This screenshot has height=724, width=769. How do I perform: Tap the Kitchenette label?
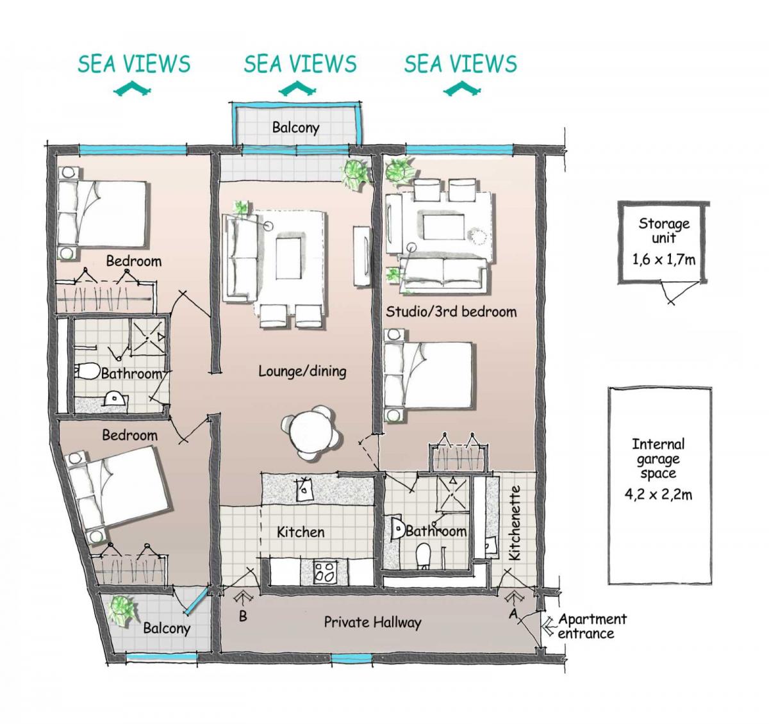coord(515,523)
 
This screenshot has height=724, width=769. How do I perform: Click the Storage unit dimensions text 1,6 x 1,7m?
coord(664,259)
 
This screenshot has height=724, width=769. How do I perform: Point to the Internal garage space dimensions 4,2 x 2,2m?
coord(658,495)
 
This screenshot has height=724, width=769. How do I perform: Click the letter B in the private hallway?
coord(243,616)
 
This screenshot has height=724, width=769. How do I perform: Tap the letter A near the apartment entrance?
coord(513,614)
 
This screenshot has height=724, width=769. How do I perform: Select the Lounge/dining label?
coord(302,372)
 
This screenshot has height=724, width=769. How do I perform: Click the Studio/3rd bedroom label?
coord(451,311)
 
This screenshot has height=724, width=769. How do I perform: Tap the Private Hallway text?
coord(372,623)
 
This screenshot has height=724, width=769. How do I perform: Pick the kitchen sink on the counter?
coord(304,490)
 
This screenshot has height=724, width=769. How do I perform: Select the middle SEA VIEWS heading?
coord(300,64)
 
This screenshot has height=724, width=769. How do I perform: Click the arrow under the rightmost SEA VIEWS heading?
coord(461,89)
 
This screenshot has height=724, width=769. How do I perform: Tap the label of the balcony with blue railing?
coord(295,128)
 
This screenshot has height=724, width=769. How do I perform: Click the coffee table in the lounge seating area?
coord(288,258)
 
